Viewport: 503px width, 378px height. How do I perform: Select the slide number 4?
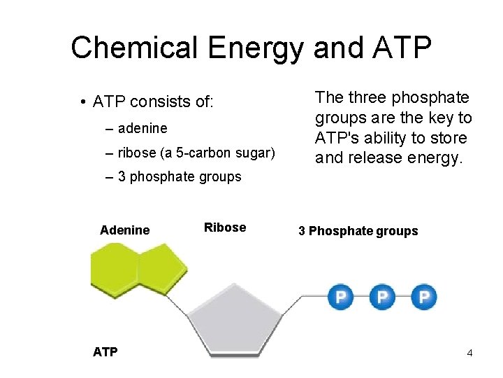[469, 353]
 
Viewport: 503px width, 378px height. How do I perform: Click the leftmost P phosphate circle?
[340, 297]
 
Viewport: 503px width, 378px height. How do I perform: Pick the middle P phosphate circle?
[381, 297]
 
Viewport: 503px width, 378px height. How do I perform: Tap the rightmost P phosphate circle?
[423, 297]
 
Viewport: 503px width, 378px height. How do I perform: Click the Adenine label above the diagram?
[125, 230]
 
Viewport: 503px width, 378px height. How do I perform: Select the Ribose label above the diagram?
[225, 227]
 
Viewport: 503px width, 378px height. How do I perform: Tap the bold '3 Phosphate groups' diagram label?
[358, 231]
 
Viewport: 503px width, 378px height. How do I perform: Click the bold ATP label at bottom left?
[105, 352]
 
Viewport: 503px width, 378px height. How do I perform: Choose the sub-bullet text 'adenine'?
[143, 129]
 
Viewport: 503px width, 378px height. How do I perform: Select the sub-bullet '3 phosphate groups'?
[180, 177]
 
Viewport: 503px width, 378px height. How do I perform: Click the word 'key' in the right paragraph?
[442, 118]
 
